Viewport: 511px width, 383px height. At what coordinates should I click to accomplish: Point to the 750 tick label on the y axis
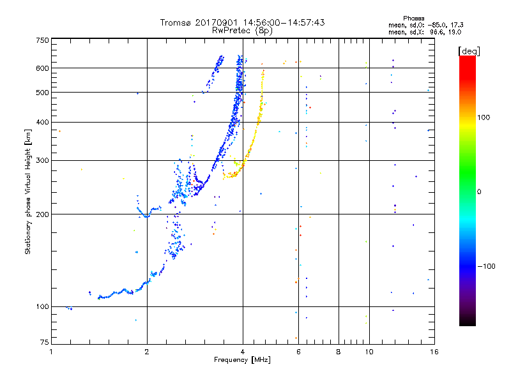point(42,40)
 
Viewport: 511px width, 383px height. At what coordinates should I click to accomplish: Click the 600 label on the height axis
point(42,68)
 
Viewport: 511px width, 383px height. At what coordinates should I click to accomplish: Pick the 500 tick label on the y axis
point(42,93)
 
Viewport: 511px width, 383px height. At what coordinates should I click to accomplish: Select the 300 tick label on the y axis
point(42,160)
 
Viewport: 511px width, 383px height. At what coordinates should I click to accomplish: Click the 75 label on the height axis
point(45,342)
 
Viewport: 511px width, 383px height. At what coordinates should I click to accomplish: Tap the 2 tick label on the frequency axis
point(147,352)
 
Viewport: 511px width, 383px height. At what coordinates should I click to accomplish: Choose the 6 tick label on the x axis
point(298,352)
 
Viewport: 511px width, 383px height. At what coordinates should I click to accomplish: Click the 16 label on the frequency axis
point(434,352)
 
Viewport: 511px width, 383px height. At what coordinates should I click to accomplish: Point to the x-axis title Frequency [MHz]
point(242,360)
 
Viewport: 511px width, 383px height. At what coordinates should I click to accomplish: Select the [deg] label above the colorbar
point(469,51)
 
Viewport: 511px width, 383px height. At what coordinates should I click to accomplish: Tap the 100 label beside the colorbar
point(484,117)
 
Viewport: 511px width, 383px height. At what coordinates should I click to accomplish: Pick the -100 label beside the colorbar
point(486,266)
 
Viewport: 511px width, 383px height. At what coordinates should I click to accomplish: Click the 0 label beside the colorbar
point(479,192)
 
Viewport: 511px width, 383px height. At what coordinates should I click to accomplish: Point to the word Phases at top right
point(413,19)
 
